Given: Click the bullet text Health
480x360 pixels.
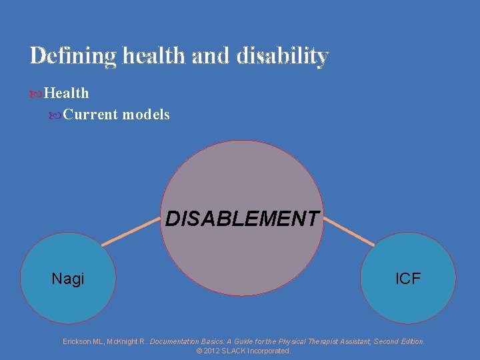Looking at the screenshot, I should point(66,93).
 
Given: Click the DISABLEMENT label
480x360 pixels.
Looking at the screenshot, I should point(242,219).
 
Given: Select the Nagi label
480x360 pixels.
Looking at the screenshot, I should point(68,279).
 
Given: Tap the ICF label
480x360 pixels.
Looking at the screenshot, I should point(408,279).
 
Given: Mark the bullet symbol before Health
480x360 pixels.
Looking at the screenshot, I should point(36,94).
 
